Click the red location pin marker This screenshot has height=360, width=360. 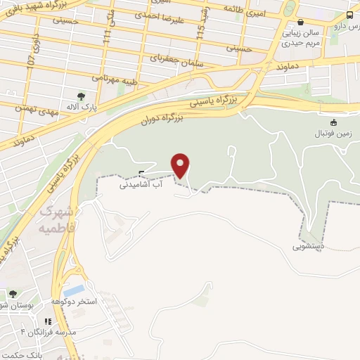point(181,165)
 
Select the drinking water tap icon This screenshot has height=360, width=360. point(141,174)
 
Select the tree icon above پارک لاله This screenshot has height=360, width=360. point(81,96)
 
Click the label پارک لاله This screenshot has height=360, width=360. point(81,108)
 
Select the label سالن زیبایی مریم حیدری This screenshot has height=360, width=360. point(300,37)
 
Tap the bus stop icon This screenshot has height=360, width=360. point(349,15)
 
